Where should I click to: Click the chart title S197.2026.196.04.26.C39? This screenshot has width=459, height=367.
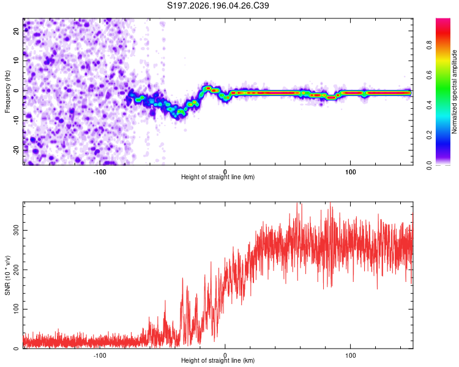[218, 6]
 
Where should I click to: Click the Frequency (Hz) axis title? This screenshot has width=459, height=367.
[7, 92]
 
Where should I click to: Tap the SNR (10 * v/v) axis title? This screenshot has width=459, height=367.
[7, 275]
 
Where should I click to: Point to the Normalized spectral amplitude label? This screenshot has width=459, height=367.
[454, 92]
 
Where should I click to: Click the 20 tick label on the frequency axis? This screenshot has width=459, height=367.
[17, 31]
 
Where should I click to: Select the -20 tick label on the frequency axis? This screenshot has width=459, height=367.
[17, 150]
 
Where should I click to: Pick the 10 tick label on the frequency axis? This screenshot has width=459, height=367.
[17, 61]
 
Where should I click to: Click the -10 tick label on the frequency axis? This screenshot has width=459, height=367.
[17, 120]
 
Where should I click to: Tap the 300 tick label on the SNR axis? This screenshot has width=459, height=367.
[17, 231]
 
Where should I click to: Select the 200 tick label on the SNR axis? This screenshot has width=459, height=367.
[17, 270]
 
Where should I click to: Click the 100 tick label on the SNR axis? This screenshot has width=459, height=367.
[17, 309]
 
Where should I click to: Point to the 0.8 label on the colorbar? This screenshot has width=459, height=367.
[429, 45]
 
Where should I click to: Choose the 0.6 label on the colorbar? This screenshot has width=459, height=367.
[429, 75]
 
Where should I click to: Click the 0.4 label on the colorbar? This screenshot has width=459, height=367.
[429, 105]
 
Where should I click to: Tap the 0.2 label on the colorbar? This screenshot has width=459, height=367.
[429, 135]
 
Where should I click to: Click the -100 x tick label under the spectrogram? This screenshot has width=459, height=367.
[100, 172]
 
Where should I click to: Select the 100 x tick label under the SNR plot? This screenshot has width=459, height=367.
[351, 355]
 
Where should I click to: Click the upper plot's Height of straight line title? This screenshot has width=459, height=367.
[218, 177]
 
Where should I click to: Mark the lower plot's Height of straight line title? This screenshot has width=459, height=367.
[218, 360]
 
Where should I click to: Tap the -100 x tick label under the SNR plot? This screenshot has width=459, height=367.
[100, 355]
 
